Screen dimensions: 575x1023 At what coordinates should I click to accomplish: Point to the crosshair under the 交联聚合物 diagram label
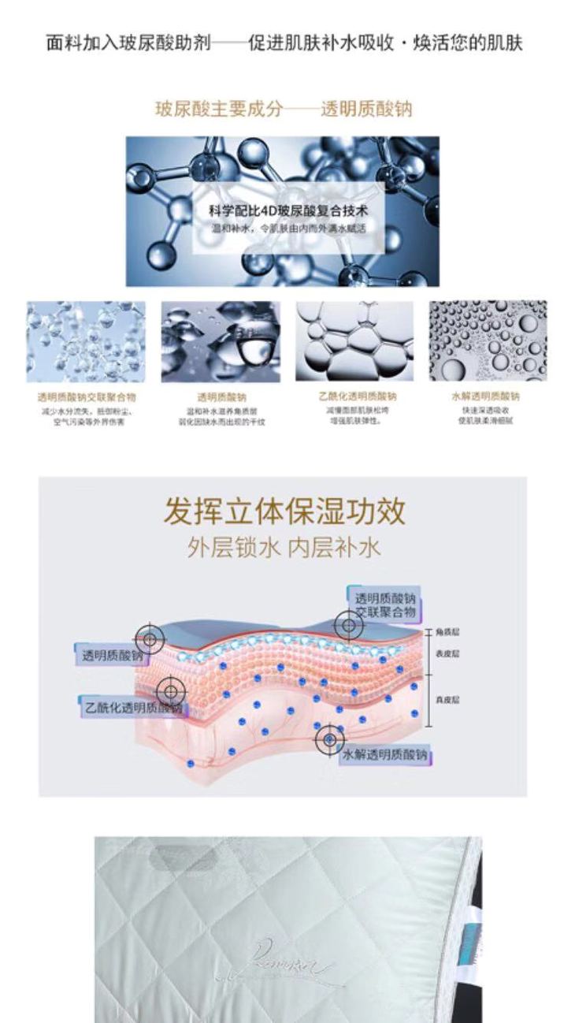click(348, 625)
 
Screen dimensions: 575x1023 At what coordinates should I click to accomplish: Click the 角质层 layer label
click(447, 633)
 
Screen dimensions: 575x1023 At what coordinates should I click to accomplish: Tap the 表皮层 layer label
click(447, 653)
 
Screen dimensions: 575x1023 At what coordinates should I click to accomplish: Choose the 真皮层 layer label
click(447, 699)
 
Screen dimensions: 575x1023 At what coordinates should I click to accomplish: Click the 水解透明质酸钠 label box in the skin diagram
click(386, 755)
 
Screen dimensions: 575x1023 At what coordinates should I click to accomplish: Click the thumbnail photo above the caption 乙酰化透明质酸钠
click(354, 340)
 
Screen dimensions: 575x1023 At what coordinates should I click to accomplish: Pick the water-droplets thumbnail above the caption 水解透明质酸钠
click(488, 340)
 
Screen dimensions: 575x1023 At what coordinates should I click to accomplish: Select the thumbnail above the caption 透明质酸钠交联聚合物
click(86, 340)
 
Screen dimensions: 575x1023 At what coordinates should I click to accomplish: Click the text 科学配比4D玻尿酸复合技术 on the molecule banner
click(288, 211)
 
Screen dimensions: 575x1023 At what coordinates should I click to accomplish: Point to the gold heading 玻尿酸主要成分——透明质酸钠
click(284, 109)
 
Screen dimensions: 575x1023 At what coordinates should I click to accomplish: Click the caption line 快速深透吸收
click(485, 410)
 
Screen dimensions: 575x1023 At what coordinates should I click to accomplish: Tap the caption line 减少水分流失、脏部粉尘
click(87, 411)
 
